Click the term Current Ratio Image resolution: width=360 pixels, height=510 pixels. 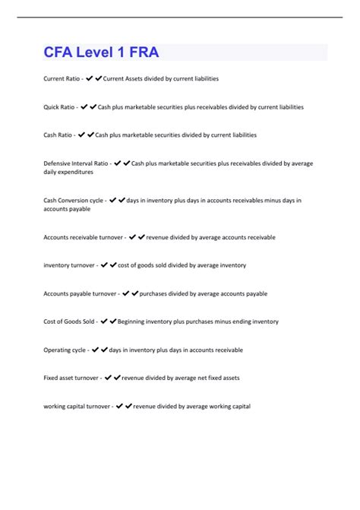coord(62,79)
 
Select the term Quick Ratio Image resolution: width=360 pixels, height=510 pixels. coord(58,107)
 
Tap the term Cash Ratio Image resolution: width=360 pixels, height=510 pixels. coord(57,135)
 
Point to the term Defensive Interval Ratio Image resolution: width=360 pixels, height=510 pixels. coord(75,163)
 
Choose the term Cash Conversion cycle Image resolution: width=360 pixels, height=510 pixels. coord(73,201)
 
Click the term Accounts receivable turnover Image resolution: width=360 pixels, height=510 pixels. coord(82,237)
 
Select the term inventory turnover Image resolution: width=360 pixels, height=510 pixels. coord(68,265)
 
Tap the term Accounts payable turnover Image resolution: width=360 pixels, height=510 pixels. coord(79,293)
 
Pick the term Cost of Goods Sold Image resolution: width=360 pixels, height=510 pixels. coord(68,322)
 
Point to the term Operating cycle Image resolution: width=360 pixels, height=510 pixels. coord(65,350)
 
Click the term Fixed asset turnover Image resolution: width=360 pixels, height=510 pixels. coord(71,378)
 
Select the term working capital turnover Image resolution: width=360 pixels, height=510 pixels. coord(77,406)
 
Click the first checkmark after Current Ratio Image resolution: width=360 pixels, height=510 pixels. coord(89,79)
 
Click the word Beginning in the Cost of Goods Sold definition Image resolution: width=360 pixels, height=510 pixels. coord(133,322)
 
